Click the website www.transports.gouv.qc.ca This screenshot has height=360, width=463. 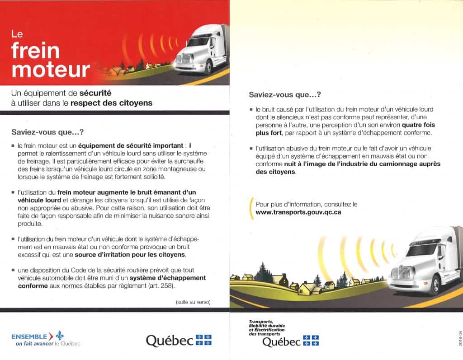[x=298, y=212]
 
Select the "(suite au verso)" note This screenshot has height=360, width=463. [x=193, y=302]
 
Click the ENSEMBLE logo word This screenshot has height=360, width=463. [x=29, y=336]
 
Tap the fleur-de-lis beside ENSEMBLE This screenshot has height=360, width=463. [x=60, y=336]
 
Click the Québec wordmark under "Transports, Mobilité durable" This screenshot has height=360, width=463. [x=281, y=342]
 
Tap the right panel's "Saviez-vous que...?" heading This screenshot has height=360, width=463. [x=285, y=95]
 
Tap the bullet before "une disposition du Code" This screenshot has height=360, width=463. [x=13, y=270]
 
